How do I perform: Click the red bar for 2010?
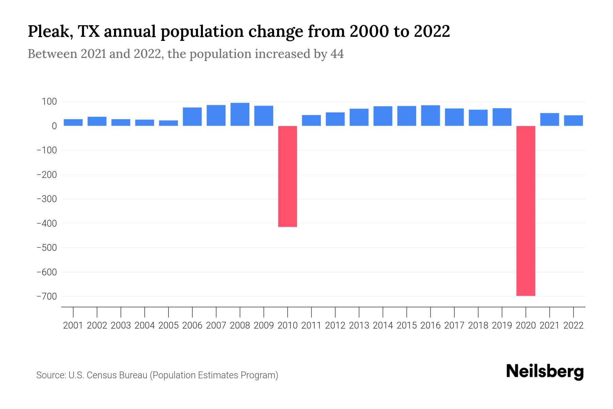[x=287, y=176]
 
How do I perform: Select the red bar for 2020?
[x=525, y=211]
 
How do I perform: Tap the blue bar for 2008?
[x=240, y=115]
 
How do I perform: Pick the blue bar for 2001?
[x=73, y=122]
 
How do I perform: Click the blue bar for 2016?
[x=430, y=116]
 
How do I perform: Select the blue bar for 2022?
[x=573, y=121]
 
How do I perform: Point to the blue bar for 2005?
[x=168, y=123]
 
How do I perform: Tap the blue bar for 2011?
[x=311, y=120]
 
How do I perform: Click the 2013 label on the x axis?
[x=359, y=325]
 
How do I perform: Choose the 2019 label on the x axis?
[x=502, y=325]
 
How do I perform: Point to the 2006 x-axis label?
[x=192, y=325]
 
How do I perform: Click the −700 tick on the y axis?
[x=47, y=297]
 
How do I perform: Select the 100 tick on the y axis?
[x=49, y=102]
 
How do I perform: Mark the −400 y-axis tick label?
[x=47, y=223]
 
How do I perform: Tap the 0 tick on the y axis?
[x=54, y=126]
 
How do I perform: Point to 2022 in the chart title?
[x=432, y=32]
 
